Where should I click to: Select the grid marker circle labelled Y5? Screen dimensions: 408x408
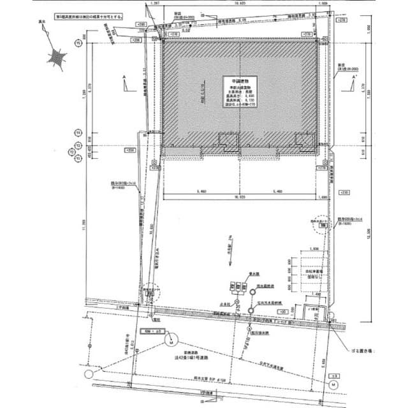coord(78,44)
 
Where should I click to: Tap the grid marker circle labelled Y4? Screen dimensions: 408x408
coord(78,133)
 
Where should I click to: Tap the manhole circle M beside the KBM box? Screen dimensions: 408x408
coord(171,342)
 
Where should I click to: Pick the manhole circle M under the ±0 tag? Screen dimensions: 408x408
coord(333,385)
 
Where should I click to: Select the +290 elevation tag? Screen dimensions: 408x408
coord(141,24)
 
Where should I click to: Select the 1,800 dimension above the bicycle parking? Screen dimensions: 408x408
coord(314,249)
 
